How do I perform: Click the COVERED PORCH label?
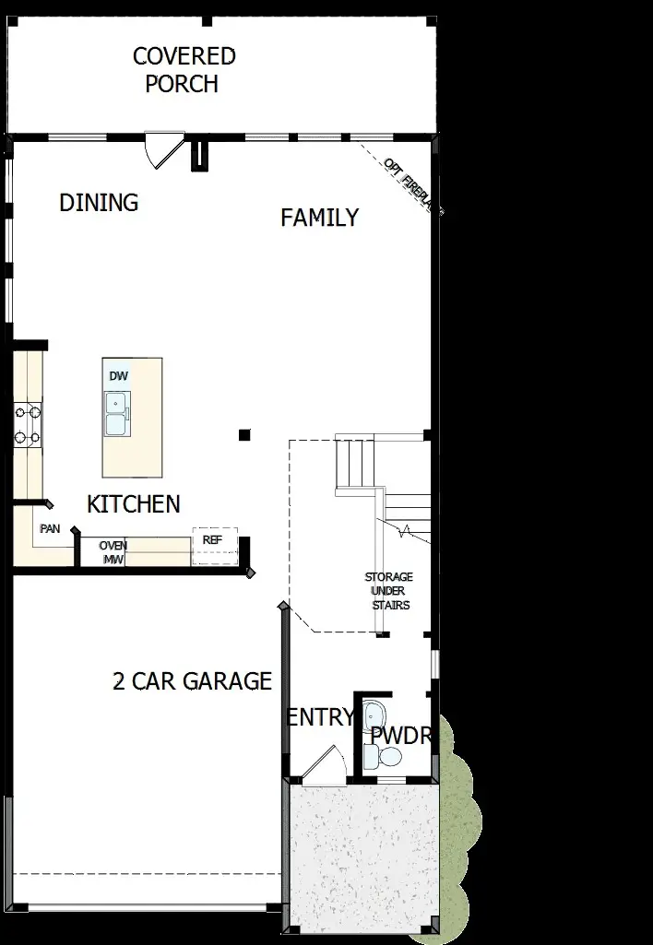click(x=184, y=70)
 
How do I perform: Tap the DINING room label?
click(x=99, y=203)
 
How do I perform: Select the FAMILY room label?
click(x=319, y=219)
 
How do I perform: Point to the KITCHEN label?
click(x=134, y=504)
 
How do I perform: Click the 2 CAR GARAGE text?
click(x=192, y=681)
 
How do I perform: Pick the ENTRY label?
click(x=319, y=717)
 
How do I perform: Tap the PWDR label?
click(x=401, y=737)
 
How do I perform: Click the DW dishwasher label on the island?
click(x=118, y=377)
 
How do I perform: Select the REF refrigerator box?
click(x=214, y=547)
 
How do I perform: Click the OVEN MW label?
click(x=113, y=552)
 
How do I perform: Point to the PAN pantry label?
click(x=50, y=529)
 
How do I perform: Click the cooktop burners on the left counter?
click(x=27, y=425)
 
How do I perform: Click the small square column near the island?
click(x=243, y=434)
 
